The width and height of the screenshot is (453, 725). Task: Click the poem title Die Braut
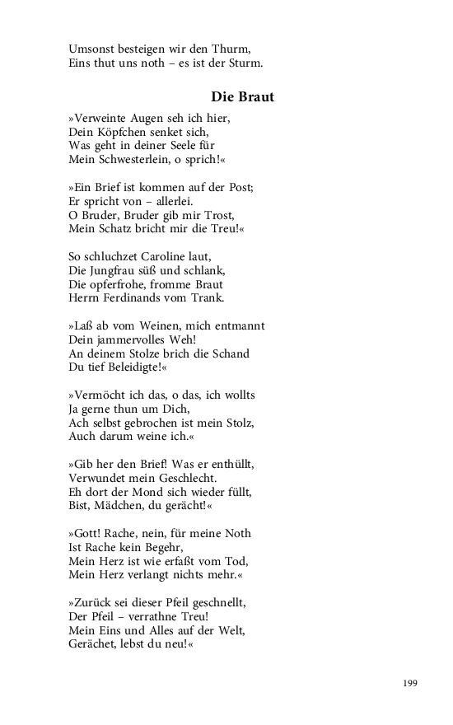click(x=242, y=96)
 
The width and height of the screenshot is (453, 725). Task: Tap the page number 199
click(x=410, y=683)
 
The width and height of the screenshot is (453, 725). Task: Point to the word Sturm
click(x=244, y=63)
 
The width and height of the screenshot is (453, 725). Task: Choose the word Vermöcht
click(x=101, y=396)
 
